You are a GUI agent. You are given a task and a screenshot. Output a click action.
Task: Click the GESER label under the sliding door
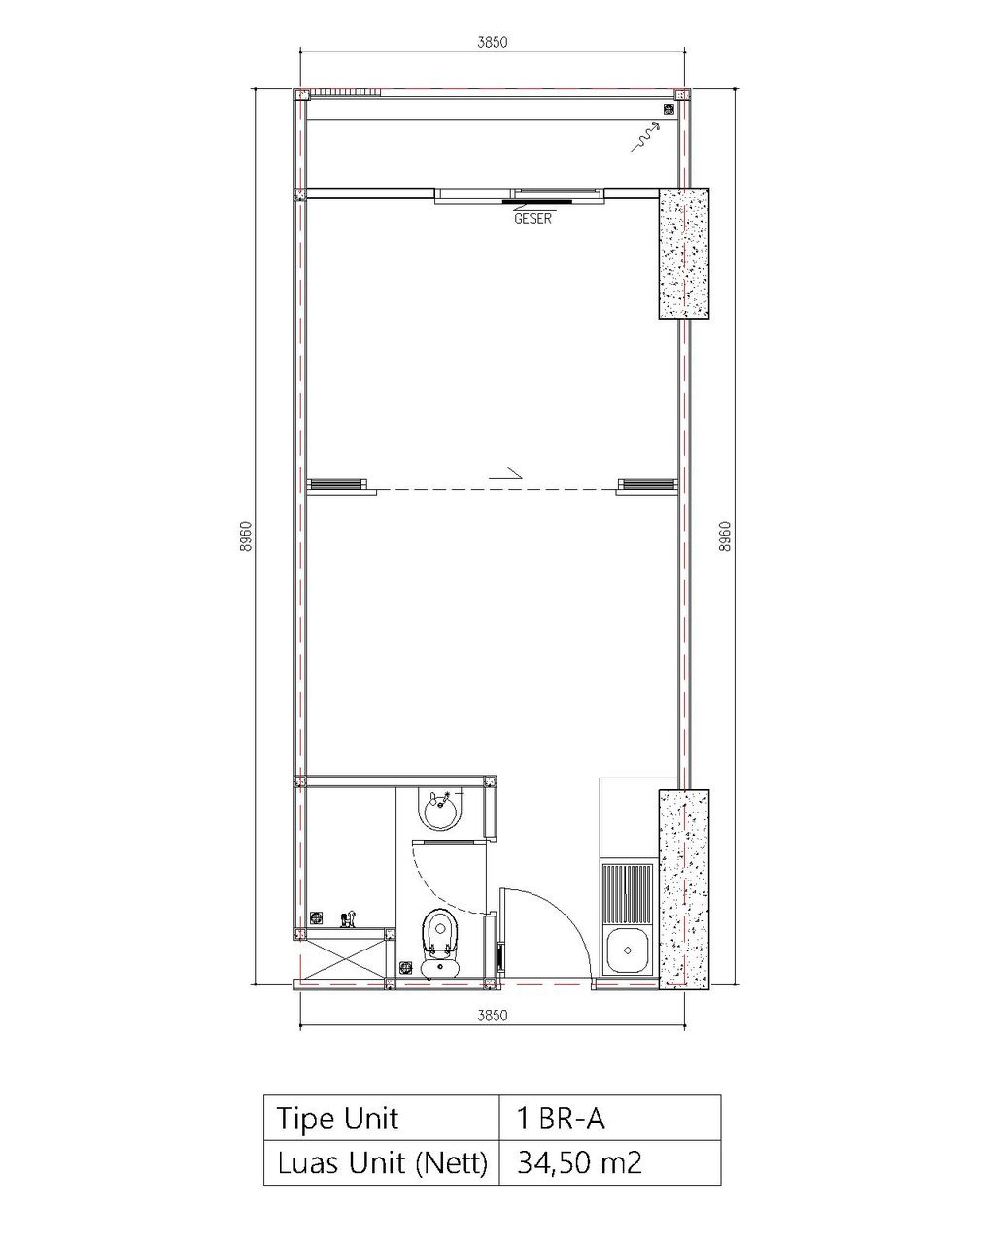tap(532, 219)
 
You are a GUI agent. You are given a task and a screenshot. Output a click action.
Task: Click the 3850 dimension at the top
tap(492, 42)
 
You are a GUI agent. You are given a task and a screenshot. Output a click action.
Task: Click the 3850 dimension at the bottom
tap(492, 1016)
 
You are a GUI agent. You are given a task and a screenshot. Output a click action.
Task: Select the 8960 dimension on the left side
tap(246, 536)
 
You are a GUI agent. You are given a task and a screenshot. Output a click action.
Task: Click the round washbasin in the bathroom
tap(442, 811)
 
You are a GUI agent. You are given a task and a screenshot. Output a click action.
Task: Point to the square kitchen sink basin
tap(627, 950)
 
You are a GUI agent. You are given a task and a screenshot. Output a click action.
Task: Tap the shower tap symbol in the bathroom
tap(349, 918)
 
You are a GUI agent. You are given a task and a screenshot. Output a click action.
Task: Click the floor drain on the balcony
tap(669, 109)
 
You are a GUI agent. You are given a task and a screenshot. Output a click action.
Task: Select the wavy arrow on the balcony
tap(645, 136)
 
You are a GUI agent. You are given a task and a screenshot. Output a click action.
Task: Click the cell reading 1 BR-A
tap(610, 1119)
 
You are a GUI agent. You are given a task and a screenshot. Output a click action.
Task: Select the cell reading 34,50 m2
tap(610, 1162)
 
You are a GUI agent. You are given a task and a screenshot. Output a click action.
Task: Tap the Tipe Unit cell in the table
tap(382, 1119)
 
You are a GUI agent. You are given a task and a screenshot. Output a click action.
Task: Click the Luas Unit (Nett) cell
tap(382, 1162)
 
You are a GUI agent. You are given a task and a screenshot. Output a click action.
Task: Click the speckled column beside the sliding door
tap(684, 254)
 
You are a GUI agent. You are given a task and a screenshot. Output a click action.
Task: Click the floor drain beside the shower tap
tap(316, 917)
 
